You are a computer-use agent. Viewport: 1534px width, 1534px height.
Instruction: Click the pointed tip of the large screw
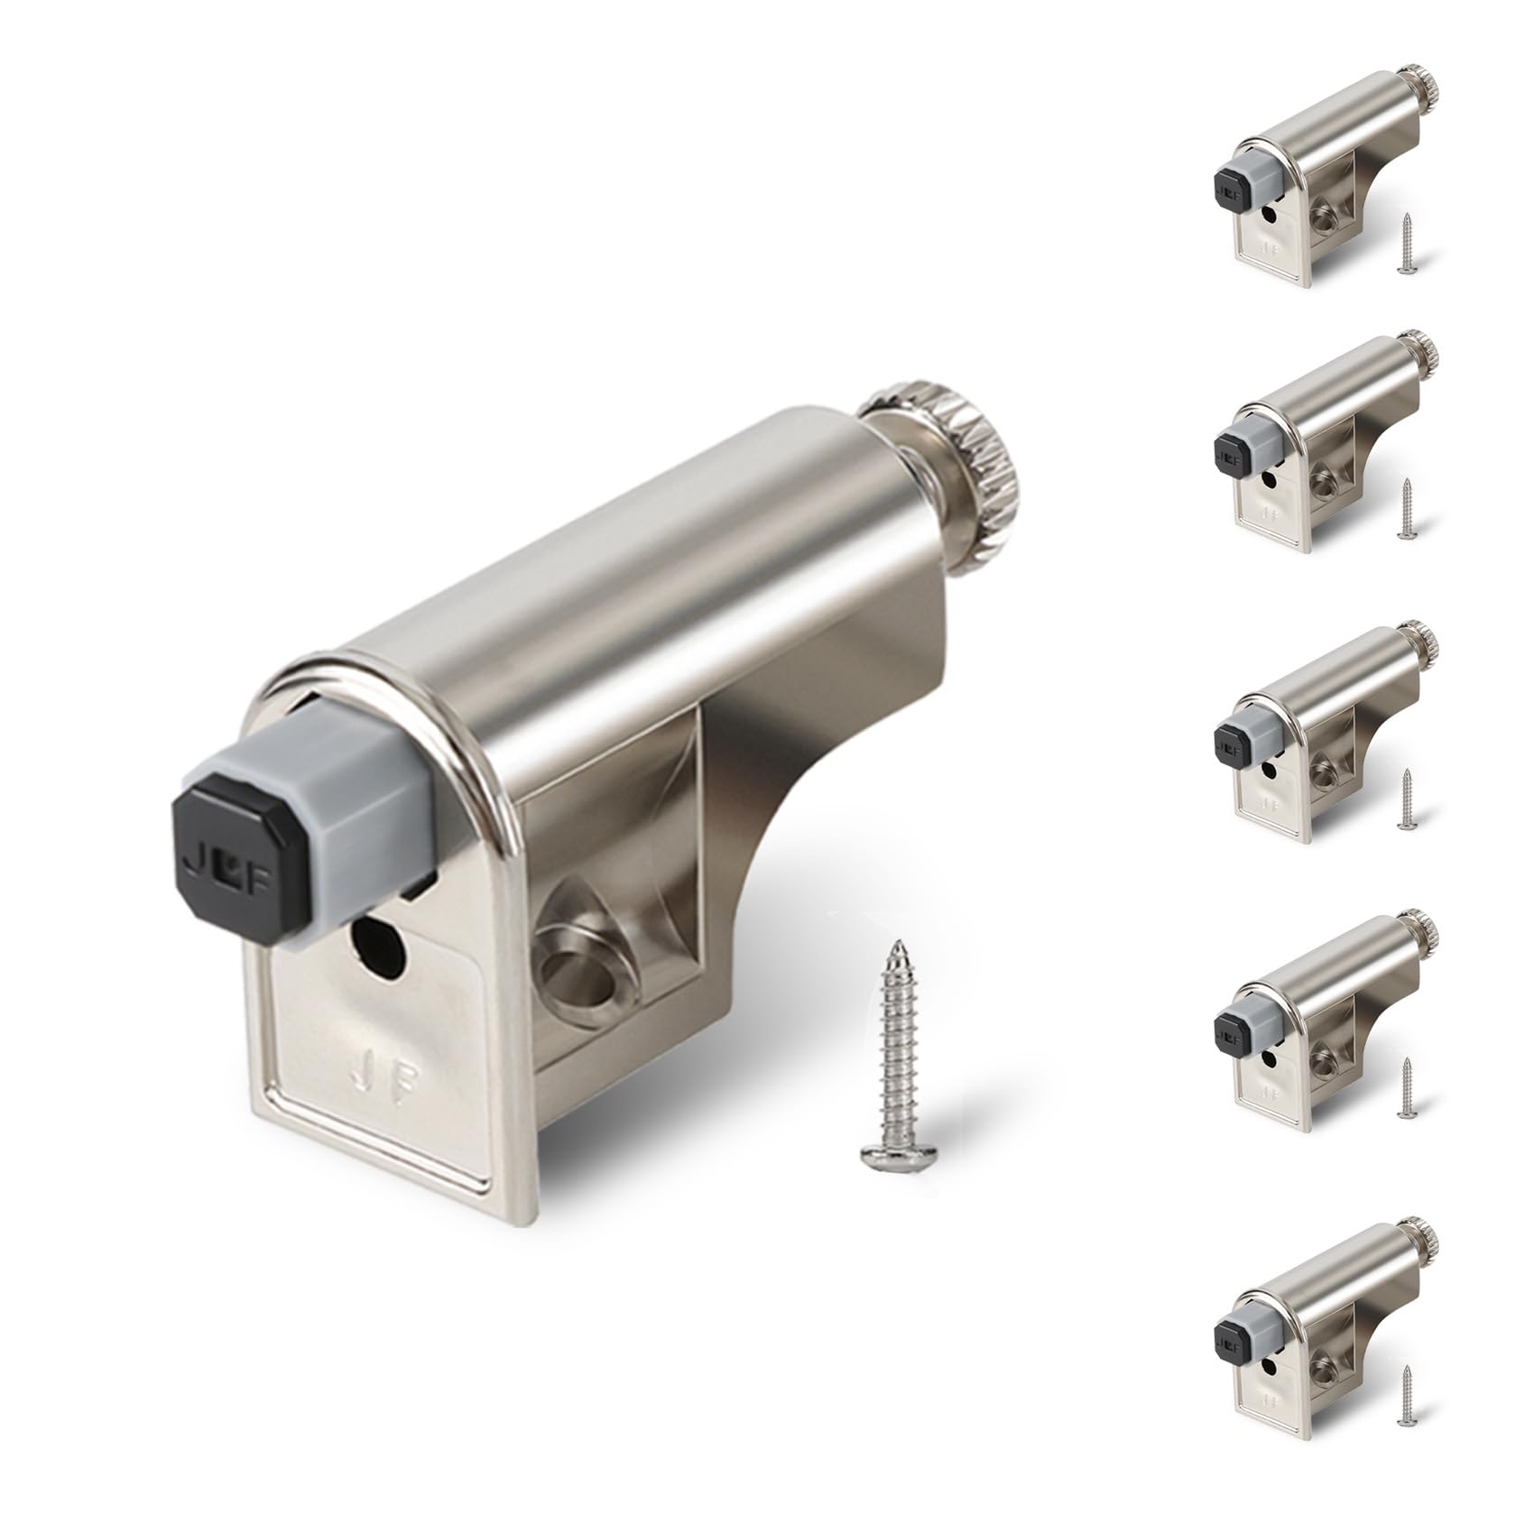pyautogui.click(x=897, y=947)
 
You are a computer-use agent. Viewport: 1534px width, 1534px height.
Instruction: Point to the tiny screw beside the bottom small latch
pyautogui.click(x=1406, y=1395)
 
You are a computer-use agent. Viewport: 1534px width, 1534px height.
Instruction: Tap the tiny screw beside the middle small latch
pyautogui.click(x=1406, y=799)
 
